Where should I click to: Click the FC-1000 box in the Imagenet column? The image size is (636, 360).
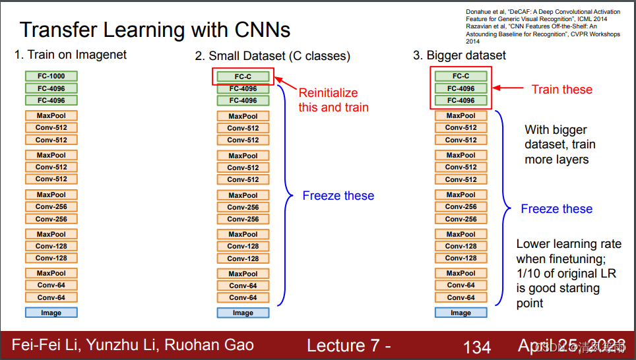(x=51, y=76)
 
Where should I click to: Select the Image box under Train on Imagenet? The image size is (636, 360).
(x=51, y=313)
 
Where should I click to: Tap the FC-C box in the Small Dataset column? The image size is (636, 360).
(x=243, y=76)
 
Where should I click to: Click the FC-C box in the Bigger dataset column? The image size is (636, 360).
(x=461, y=76)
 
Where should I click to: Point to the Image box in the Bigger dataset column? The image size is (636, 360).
(x=461, y=313)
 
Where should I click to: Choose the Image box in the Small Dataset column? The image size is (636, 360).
(x=243, y=313)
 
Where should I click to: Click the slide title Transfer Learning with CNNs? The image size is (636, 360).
(x=155, y=30)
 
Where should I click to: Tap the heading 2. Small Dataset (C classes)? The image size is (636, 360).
(x=272, y=55)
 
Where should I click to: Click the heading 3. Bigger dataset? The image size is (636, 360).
(x=459, y=55)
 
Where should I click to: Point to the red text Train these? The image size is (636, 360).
(x=562, y=89)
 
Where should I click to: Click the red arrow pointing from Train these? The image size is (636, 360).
(x=509, y=88)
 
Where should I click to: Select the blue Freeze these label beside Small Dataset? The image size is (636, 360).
(x=338, y=196)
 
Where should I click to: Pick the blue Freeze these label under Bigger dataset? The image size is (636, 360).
(x=556, y=209)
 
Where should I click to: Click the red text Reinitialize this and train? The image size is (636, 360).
(x=333, y=100)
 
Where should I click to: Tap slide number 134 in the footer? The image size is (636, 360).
(x=477, y=346)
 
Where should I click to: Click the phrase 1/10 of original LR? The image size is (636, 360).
(x=565, y=273)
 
